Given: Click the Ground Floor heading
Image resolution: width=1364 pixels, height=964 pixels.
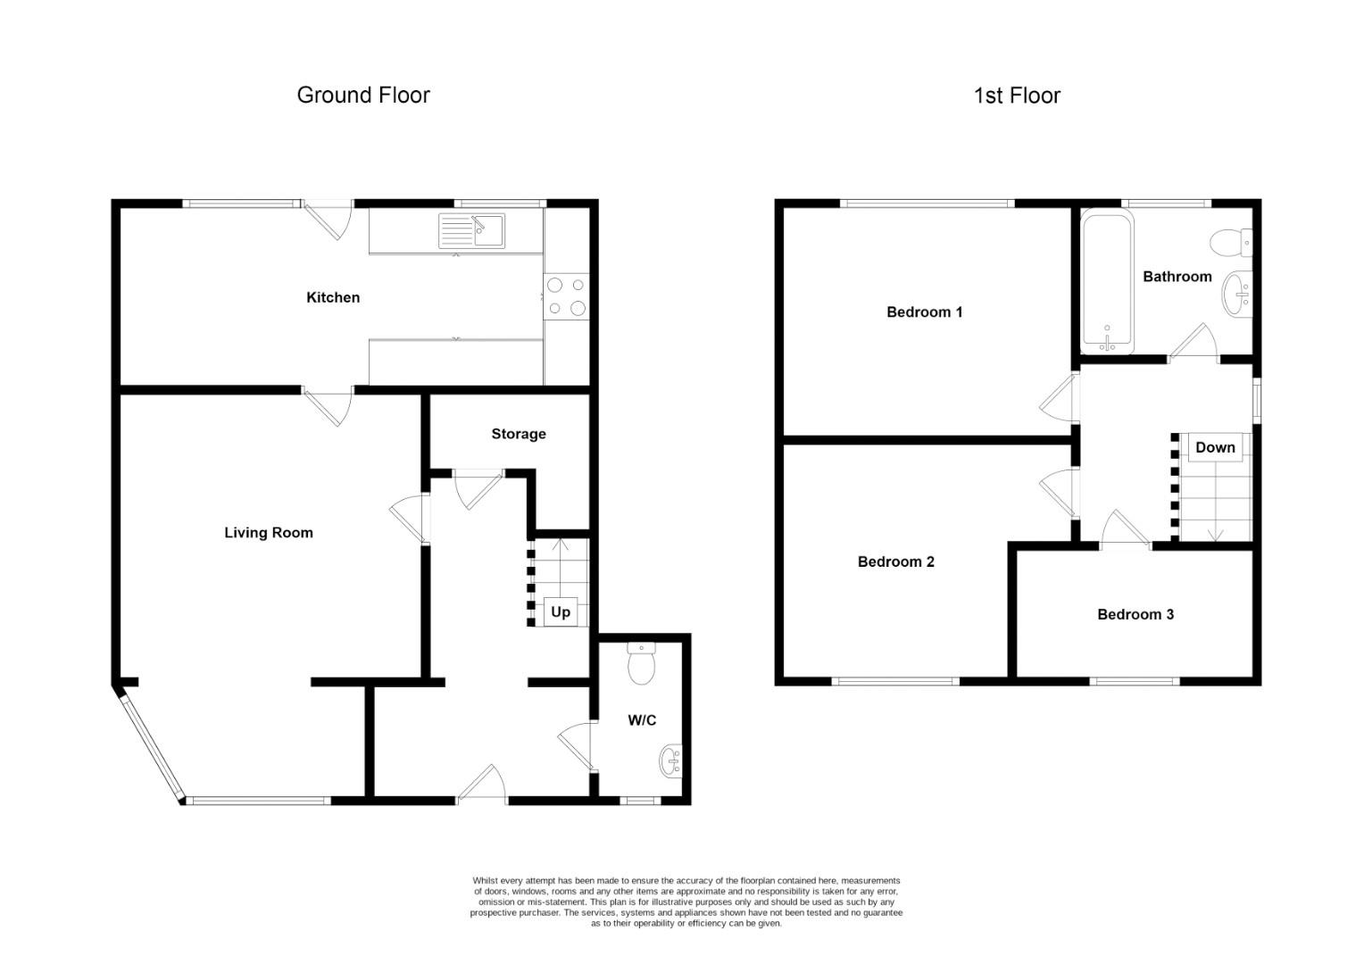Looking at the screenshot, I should [x=363, y=96].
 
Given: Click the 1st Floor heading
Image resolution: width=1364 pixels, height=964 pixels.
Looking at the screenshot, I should [x=1017, y=96].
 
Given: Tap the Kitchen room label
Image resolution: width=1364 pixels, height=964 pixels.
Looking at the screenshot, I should [x=333, y=297].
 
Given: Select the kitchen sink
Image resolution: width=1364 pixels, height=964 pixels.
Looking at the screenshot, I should [x=471, y=230].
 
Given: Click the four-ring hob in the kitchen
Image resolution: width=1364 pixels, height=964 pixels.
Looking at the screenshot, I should [x=567, y=296].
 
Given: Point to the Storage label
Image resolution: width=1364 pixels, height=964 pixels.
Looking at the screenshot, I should [x=518, y=434].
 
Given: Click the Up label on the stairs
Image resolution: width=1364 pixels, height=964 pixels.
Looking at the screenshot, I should [x=560, y=611].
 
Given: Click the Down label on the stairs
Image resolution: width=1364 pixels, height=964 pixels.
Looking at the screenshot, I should [x=1215, y=447].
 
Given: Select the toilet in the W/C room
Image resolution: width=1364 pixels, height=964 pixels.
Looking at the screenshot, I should [x=641, y=663].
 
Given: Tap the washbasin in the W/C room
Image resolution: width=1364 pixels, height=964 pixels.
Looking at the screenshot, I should [x=670, y=761].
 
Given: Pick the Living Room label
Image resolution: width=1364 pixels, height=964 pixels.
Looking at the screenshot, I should [x=268, y=533].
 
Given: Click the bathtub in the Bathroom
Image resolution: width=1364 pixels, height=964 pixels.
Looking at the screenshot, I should [x=1108, y=281].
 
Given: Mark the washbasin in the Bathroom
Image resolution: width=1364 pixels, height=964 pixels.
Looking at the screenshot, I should [x=1238, y=294].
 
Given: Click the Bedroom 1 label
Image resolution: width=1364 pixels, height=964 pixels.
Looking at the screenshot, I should [x=924, y=312].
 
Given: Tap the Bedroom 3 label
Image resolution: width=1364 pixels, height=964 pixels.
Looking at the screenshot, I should [x=1135, y=614].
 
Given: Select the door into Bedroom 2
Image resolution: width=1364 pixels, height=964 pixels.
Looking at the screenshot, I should [x=1058, y=491].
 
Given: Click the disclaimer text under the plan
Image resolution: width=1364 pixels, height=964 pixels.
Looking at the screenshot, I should [x=686, y=902].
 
